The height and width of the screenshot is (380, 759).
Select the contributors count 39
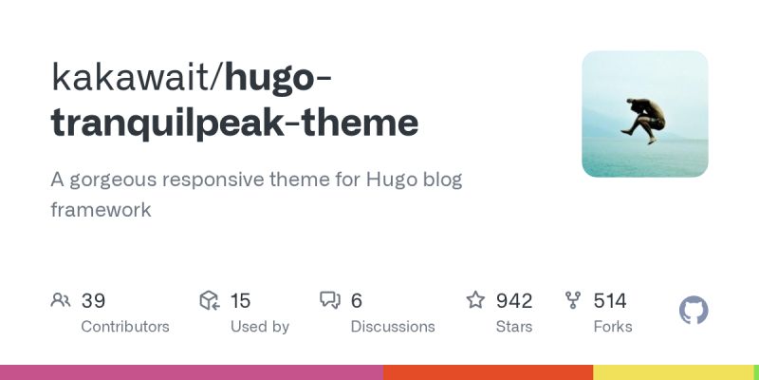point(93,301)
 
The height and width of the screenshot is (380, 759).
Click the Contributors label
point(125,327)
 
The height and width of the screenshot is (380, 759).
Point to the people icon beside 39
point(61,301)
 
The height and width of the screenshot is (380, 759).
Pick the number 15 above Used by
point(240,301)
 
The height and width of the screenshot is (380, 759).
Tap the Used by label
point(260,327)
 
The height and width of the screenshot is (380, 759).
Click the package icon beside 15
point(210,301)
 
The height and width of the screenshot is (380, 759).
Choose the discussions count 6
point(357,301)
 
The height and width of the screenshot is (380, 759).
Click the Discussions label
point(393,327)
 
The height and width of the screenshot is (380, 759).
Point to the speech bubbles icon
point(330,301)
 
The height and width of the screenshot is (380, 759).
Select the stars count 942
point(514,301)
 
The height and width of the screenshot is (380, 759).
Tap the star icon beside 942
point(475,301)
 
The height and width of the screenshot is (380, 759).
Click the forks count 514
point(610,301)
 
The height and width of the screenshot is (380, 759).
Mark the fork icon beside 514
point(573,301)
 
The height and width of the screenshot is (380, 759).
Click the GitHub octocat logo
point(694,311)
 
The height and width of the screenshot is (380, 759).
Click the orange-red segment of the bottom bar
point(489,372)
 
